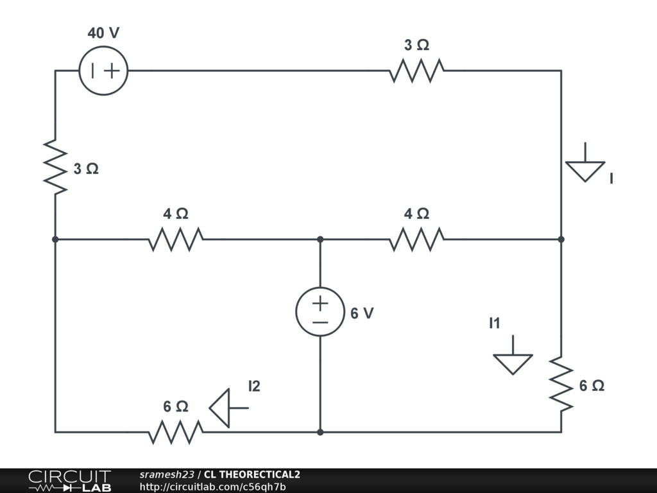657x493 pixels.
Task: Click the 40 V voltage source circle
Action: point(103,71)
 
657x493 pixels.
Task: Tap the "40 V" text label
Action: point(103,33)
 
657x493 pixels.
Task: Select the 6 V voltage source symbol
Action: point(320,311)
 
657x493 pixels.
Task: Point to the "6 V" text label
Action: point(362,313)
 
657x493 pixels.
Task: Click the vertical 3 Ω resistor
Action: point(56,168)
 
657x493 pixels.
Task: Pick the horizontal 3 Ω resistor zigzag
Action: point(416,71)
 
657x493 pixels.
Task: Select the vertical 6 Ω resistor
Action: point(561,385)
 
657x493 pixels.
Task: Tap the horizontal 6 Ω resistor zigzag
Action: point(176,432)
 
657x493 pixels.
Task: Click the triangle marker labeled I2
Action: point(221,408)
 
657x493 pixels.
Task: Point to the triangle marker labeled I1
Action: point(513,363)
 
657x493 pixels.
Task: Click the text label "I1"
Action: point(494,324)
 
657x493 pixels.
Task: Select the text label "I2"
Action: point(255,386)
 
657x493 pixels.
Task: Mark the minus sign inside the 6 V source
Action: point(320,322)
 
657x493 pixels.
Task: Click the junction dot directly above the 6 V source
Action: point(320,239)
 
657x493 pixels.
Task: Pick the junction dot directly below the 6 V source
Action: point(320,432)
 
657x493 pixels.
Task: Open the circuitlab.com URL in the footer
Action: point(212,487)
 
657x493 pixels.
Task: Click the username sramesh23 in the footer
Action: point(166,475)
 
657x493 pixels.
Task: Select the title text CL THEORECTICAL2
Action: point(252,475)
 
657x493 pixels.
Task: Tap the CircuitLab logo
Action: point(69,481)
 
